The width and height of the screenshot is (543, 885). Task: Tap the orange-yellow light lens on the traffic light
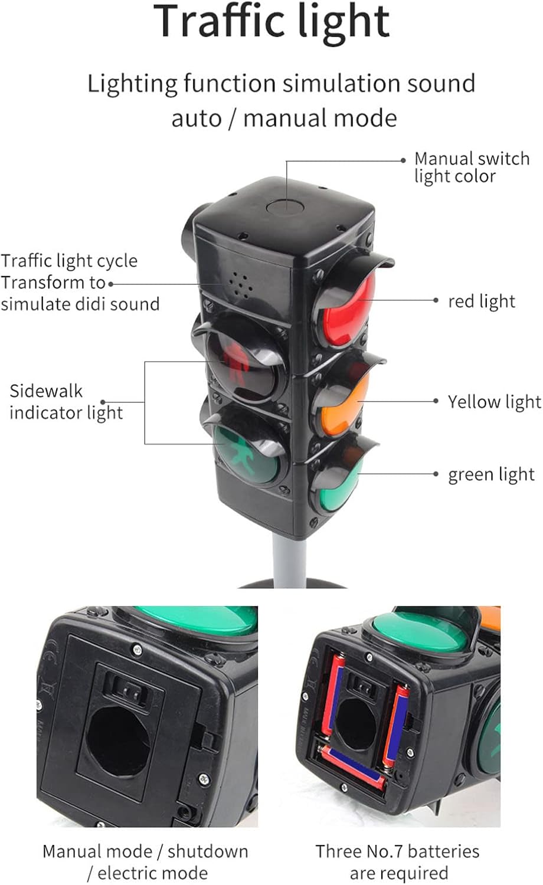(x=346, y=404)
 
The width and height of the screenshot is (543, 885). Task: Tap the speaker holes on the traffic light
(x=240, y=284)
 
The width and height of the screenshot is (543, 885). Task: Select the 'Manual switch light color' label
(x=471, y=167)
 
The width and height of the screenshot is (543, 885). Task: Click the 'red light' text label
(x=481, y=301)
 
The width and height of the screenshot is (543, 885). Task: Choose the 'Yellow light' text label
(x=493, y=402)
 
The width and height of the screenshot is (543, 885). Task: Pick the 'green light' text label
(x=491, y=474)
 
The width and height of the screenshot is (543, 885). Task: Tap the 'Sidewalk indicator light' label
(x=66, y=402)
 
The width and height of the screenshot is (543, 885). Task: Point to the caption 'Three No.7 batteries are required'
(x=397, y=861)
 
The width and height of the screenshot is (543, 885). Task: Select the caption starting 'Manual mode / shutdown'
(x=145, y=861)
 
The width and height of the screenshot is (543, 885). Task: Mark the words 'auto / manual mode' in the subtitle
(x=284, y=118)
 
